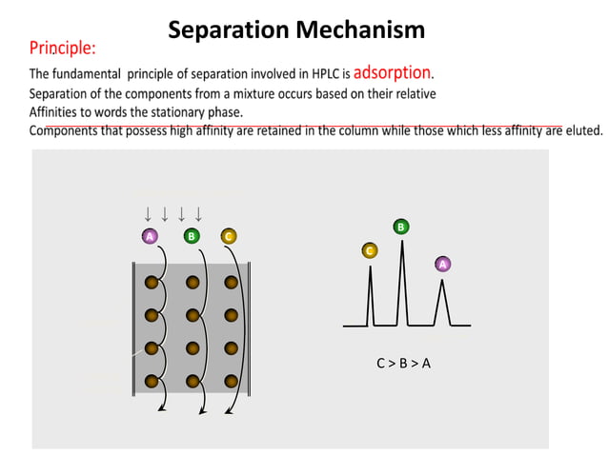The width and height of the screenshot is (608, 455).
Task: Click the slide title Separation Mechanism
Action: [296, 30]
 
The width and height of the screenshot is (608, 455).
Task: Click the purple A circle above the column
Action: [150, 236]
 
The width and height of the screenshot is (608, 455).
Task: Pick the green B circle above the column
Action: [192, 236]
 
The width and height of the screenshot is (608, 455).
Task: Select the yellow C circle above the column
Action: [228, 236]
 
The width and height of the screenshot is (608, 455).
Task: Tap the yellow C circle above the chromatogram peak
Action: [370, 250]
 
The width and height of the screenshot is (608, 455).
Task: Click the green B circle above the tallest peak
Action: [401, 227]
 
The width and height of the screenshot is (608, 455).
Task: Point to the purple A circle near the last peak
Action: [442, 264]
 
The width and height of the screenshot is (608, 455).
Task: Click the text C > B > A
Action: [403, 363]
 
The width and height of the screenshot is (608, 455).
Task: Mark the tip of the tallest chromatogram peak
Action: [402, 242]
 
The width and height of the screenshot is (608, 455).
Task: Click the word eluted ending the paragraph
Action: [583, 131]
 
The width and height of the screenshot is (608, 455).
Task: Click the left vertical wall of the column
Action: [133, 328]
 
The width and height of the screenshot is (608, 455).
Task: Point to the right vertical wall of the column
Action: [248, 328]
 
